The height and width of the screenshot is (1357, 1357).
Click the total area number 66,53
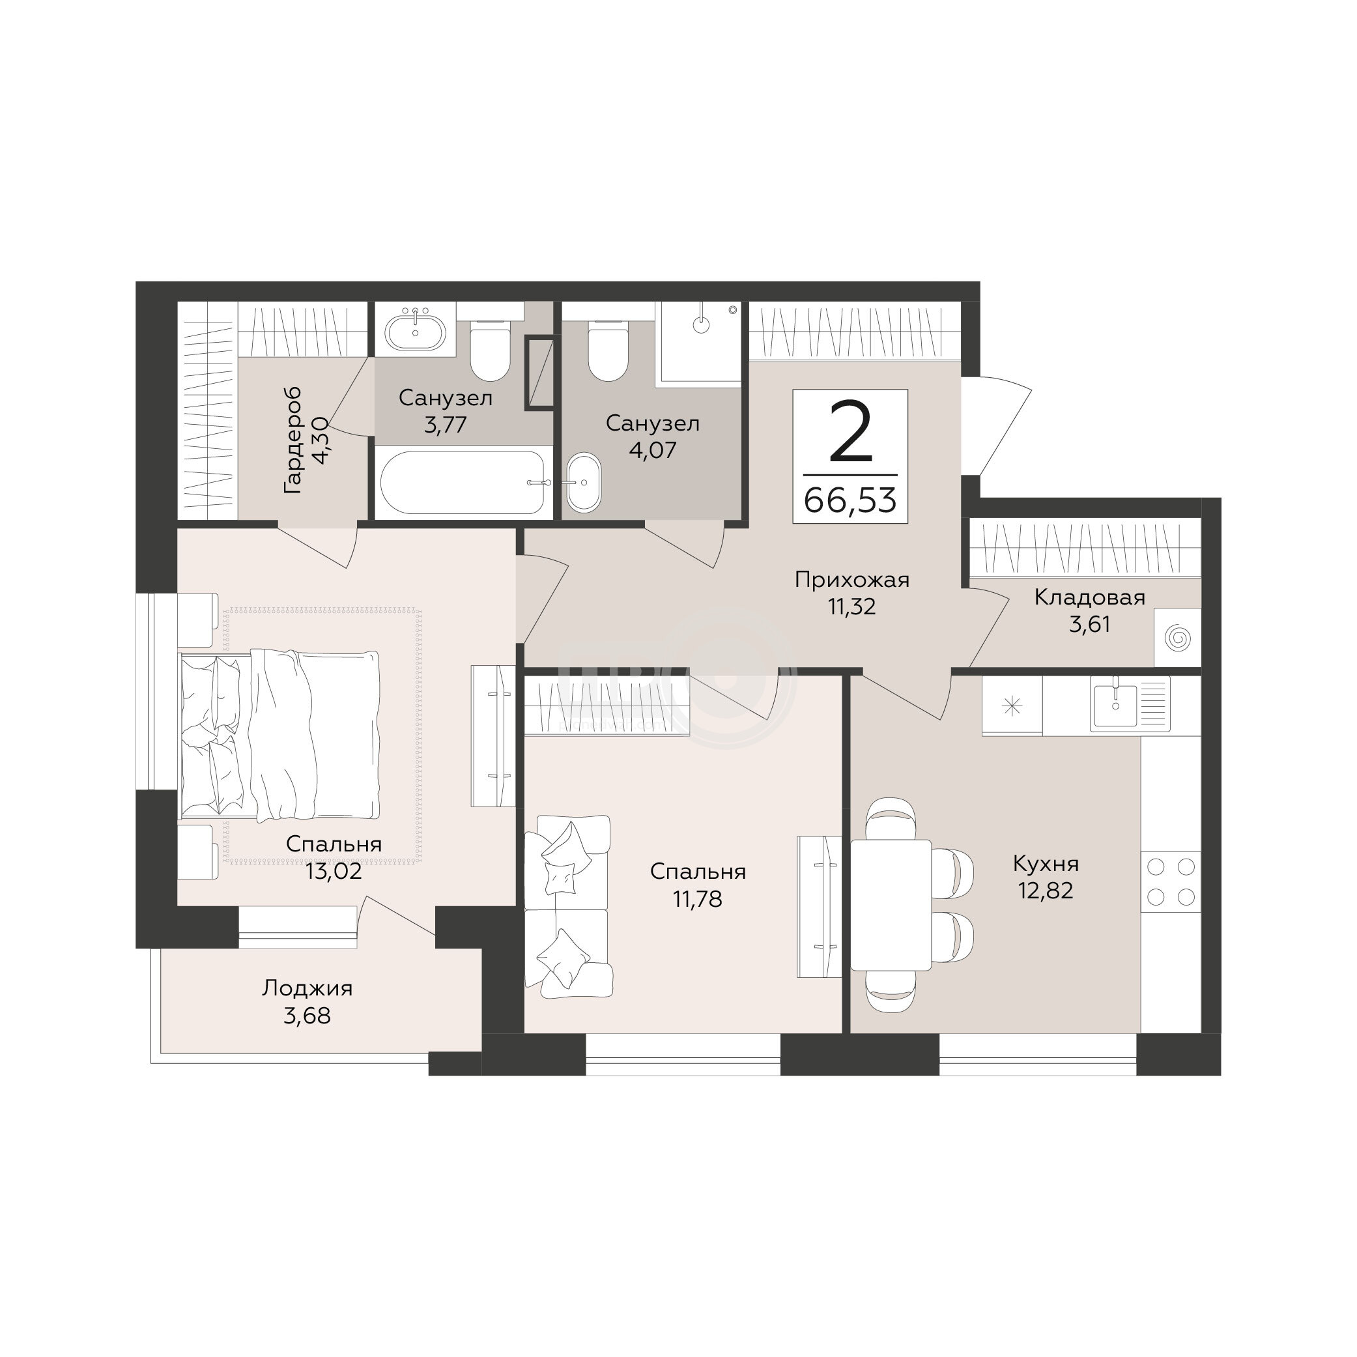tap(850, 501)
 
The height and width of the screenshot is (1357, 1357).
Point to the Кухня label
tap(1046, 863)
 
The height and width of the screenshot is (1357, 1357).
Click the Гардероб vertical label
tap(293, 440)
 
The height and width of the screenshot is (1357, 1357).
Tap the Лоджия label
tap(307, 989)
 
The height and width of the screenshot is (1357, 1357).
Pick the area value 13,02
tap(334, 872)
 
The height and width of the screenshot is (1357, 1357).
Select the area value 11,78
tap(698, 899)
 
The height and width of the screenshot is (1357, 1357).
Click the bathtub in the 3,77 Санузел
tap(464, 483)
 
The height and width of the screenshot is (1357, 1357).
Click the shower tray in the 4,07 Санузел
tap(698, 344)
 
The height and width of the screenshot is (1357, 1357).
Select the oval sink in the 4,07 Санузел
tap(584, 483)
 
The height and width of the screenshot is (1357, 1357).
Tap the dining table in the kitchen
tap(891, 905)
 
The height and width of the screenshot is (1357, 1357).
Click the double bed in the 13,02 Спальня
tap(280, 735)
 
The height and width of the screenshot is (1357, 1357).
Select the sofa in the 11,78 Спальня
tap(568, 906)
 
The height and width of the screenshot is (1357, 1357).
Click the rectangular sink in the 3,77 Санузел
tap(416, 330)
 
